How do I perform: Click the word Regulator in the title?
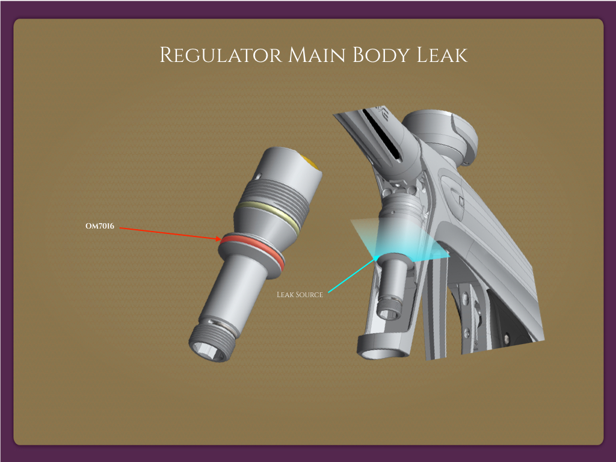click(x=220, y=55)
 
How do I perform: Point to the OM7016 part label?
click(x=100, y=227)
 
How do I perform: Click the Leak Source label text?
click(x=300, y=295)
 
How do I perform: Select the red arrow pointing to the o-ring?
click(x=168, y=233)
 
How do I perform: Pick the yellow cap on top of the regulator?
click(x=312, y=162)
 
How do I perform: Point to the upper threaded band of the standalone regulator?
click(x=277, y=191)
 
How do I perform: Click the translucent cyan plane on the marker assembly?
click(x=399, y=241)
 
